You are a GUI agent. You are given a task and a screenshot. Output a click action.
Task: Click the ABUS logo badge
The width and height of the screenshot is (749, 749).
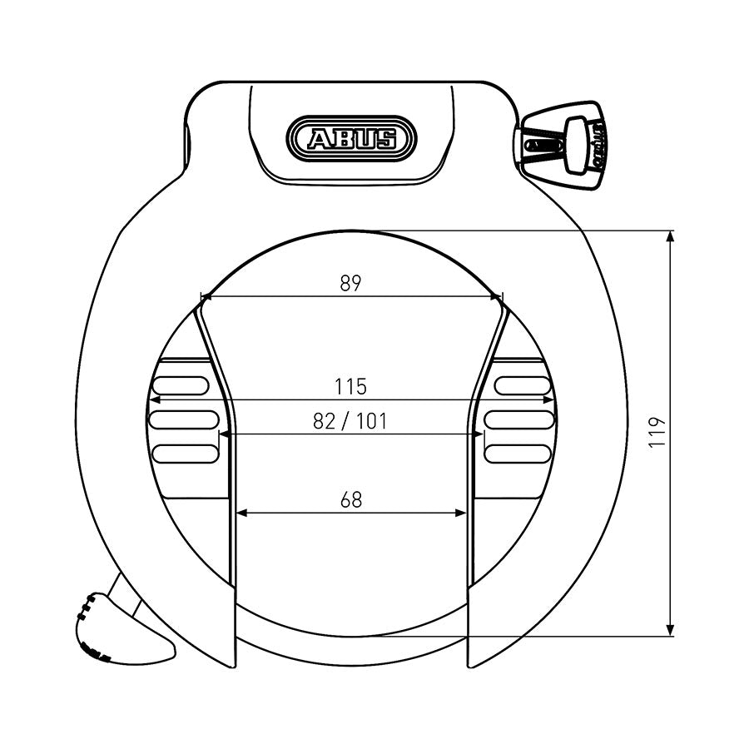tap(350, 137)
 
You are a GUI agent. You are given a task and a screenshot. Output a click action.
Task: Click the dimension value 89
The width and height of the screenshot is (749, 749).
tap(350, 283)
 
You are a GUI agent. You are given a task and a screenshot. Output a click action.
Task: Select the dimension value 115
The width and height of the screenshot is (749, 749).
tap(350, 387)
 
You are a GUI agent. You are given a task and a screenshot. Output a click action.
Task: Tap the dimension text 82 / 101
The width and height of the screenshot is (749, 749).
tap(350, 421)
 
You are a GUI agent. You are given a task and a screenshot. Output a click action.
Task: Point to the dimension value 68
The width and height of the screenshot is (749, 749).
tap(351, 500)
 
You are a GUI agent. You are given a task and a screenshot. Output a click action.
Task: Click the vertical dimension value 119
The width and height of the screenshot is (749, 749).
tap(658, 433)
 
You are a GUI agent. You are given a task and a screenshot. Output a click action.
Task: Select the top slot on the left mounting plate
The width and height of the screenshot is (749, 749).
tap(179, 384)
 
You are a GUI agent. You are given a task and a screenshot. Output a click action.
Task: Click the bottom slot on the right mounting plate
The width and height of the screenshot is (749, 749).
tap(518, 454)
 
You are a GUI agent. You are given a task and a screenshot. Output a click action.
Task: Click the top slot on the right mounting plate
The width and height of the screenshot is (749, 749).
tap(523, 384)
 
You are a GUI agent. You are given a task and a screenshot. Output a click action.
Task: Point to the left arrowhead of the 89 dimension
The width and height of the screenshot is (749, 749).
tap(205, 295)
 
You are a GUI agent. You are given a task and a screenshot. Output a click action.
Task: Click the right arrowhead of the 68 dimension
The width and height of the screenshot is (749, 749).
tap(461, 513)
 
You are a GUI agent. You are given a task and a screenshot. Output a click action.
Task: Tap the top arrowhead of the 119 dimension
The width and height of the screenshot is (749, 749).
tap(672, 236)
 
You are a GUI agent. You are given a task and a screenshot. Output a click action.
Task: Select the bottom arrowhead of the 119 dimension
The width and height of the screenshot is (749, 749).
tap(672, 631)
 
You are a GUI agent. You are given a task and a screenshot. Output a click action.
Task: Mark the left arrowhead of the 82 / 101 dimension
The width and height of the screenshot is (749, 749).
tap(224, 434)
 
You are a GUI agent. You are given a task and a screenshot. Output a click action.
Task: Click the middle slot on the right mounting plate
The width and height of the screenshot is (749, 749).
tap(518, 419)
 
